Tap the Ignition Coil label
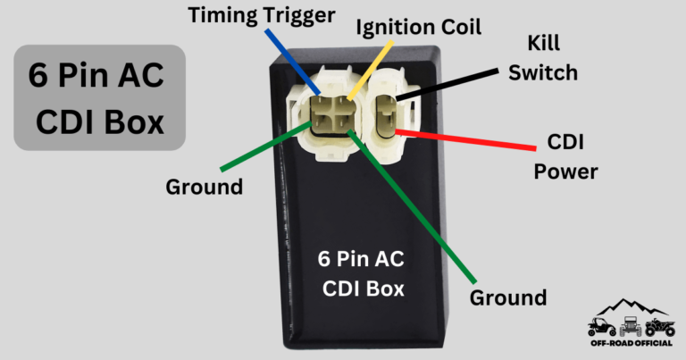click(419, 28)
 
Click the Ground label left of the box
click(204, 187)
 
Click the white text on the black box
click(362, 273)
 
